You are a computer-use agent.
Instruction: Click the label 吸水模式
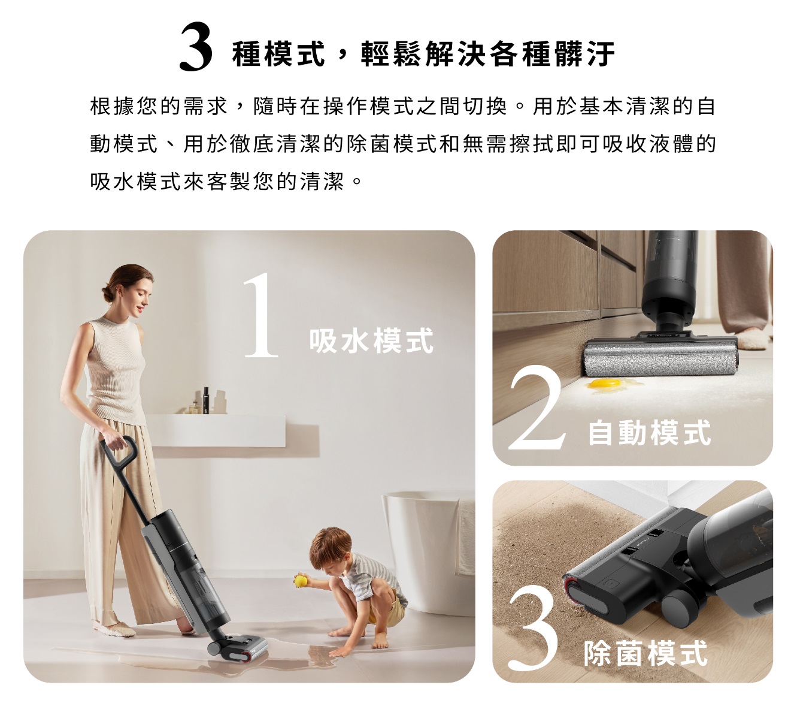[371, 341]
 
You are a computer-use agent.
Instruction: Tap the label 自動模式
[649, 432]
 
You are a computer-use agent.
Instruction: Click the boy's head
[331, 547]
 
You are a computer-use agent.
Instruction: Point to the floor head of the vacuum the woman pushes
[239, 649]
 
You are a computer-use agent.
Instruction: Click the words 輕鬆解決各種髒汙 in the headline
[488, 53]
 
